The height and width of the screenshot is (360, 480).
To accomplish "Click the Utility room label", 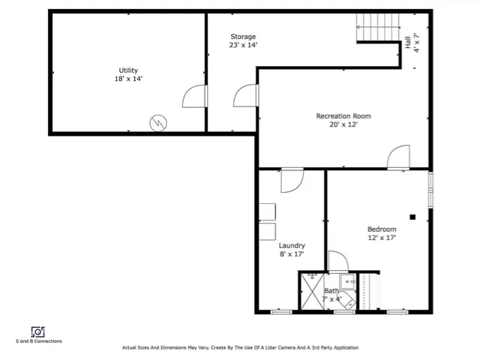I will (127, 70).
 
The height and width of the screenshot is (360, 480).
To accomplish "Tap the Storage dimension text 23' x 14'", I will (243, 46).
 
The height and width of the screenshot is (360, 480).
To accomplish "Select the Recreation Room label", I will (343, 116).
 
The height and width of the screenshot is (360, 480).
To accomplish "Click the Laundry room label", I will (292, 245).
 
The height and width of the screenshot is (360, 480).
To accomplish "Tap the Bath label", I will (331, 290).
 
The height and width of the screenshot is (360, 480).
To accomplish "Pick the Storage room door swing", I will (244, 96).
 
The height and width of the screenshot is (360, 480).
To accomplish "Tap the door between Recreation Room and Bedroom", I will (397, 157).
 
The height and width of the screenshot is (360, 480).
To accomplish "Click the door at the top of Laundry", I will (291, 180).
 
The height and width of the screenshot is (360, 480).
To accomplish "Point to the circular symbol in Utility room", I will (159, 122).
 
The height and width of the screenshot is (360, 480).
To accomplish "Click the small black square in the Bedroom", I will (412, 217).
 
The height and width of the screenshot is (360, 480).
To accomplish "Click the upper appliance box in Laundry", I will (267, 212).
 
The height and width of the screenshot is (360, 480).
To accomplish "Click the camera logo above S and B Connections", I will (37, 331).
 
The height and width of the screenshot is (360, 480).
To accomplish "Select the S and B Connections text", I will (38, 341).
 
